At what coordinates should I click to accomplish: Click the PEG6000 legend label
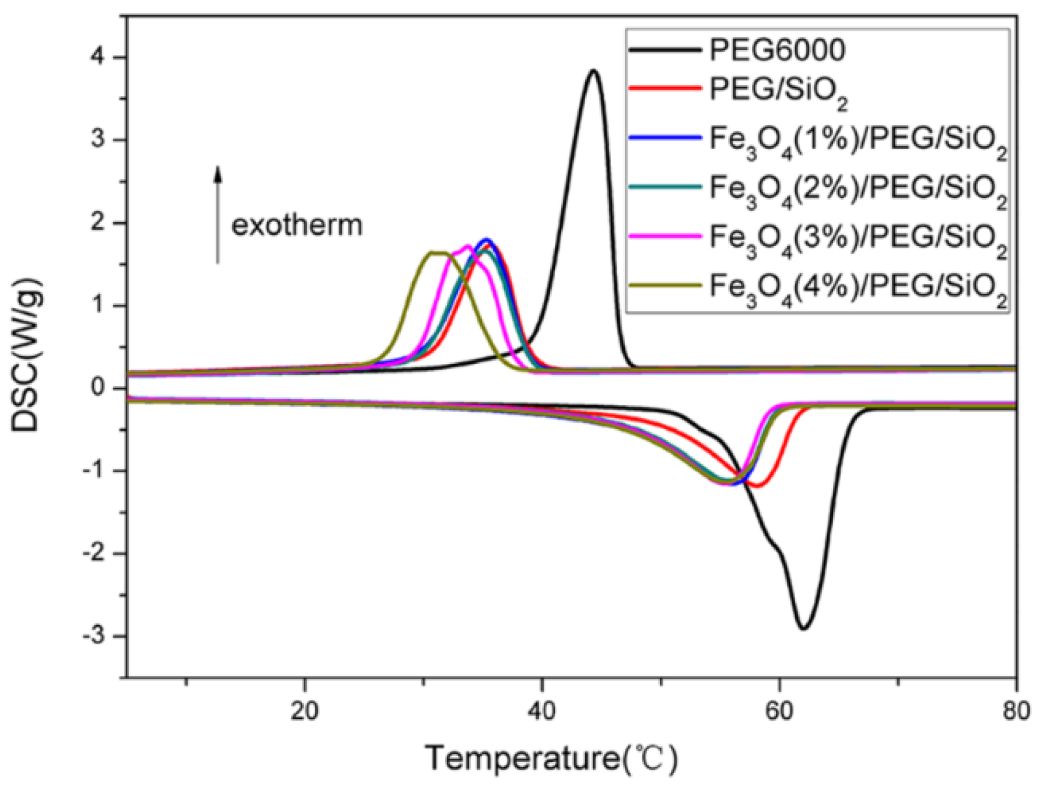tap(777, 51)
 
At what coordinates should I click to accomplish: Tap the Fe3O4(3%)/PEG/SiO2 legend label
tap(858, 240)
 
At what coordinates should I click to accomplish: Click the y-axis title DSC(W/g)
tap(26, 355)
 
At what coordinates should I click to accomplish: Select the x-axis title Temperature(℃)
tap(552, 759)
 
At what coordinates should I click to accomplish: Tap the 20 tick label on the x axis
tap(305, 711)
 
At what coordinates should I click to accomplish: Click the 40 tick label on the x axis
tap(542, 711)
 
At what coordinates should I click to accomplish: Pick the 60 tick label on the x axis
tap(779, 711)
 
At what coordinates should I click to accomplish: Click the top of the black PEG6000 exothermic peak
tap(593, 71)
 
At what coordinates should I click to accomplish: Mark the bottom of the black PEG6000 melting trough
tap(804, 629)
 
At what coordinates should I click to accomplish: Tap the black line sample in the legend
tap(665, 51)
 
